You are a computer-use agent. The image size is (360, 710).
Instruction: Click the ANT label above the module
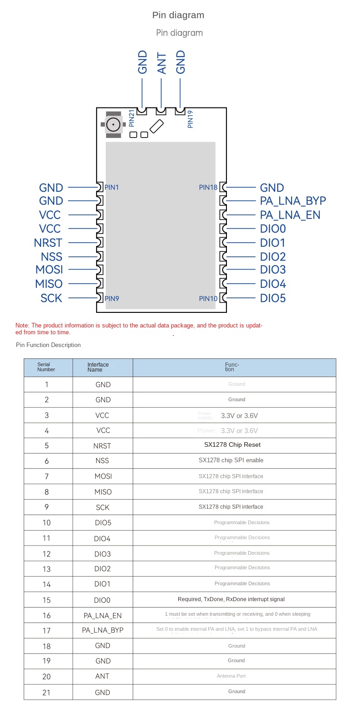161,63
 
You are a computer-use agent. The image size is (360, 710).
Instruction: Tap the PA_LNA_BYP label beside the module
293,201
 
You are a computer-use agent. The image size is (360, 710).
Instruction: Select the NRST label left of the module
48,243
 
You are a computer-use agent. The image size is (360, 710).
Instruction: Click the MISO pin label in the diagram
49,284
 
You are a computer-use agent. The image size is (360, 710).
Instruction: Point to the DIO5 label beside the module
273,298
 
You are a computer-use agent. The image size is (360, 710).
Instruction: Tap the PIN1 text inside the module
112,187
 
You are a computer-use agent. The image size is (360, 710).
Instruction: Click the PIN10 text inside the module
208,299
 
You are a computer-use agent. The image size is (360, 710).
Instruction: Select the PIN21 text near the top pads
132,118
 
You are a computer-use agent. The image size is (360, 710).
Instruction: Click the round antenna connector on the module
113,123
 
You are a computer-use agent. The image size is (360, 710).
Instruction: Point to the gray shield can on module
160,225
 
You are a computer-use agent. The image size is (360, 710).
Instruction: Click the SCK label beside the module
51,298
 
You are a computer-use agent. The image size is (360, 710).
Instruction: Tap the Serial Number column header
46,367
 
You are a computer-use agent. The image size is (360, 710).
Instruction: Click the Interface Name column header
98,367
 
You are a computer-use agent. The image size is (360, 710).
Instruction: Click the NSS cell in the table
103,461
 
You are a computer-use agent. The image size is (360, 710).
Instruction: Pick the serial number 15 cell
46,600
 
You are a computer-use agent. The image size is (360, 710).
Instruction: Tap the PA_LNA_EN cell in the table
103,616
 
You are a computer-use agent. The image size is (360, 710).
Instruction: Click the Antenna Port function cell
231,676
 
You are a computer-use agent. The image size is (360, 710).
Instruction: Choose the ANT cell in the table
103,676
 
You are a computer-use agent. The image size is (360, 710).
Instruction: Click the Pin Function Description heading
48,345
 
